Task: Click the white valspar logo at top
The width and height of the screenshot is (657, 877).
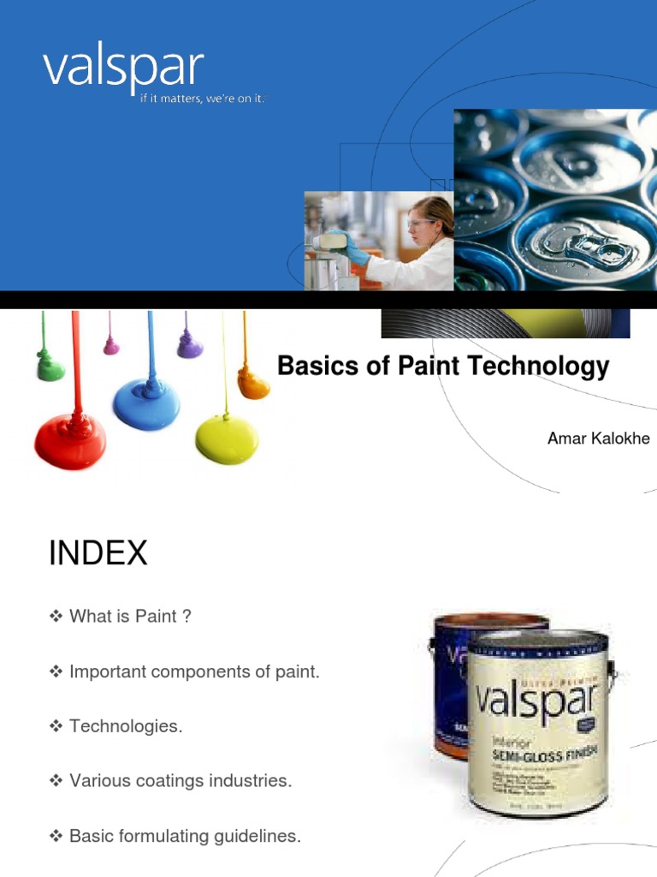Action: point(123,69)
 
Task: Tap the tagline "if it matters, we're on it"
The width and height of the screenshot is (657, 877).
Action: point(204,99)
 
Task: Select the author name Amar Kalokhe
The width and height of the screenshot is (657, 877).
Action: point(598,438)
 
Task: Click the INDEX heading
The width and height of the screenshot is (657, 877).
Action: point(98,553)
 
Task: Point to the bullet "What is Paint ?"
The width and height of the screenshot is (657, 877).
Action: point(130,617)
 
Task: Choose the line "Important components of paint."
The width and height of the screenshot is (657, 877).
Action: point(194,672)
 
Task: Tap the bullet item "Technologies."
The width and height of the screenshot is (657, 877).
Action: point(126,726)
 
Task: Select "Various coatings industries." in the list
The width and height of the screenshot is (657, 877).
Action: point(181,781)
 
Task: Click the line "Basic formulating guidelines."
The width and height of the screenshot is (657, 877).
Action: point(185,836)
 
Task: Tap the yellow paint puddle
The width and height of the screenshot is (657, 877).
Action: point(226,438)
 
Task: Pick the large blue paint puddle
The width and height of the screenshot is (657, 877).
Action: point(146,403)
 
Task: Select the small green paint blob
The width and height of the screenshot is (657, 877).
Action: point(50,368)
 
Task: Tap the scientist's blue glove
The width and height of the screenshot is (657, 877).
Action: point(354,249)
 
